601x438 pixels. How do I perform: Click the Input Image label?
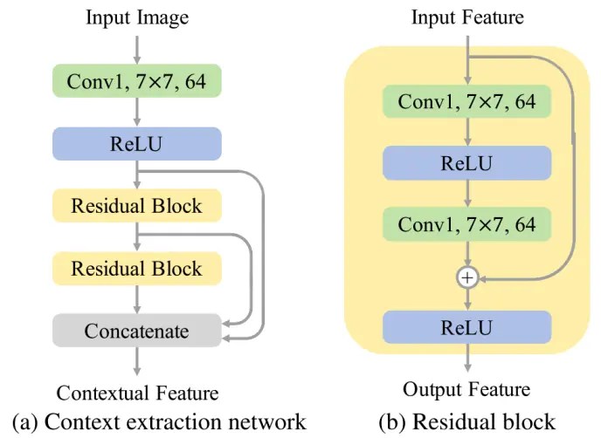tap(136, 17)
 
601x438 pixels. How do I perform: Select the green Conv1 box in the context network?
tap(136, 82)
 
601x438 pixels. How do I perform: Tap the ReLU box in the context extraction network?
tap(136, 144)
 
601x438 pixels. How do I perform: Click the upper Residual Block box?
tap(136, 207)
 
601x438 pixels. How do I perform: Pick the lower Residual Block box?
tap(136, 268)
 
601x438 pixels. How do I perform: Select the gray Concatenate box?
tap(136, 331)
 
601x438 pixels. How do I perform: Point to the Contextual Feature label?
tap(137, 394)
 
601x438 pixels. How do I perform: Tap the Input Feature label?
tap(467, 17)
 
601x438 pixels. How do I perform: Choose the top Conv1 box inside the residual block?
tap(467, 102)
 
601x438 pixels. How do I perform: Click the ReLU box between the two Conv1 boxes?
tap(467, 163)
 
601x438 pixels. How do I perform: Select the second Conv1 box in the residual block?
tap(467, 224)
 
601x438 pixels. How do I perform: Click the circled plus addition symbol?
tap(468, 277)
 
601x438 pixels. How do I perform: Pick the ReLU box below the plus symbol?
tap(467, 328)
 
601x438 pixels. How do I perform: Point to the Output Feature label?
tap(466, 389)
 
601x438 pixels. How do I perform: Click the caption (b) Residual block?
tap(466, 422)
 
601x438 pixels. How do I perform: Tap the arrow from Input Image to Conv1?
tap(137, 46)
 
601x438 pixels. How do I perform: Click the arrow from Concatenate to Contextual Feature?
tap(137, 362)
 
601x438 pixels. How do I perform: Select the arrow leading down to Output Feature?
tap(468, 359)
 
